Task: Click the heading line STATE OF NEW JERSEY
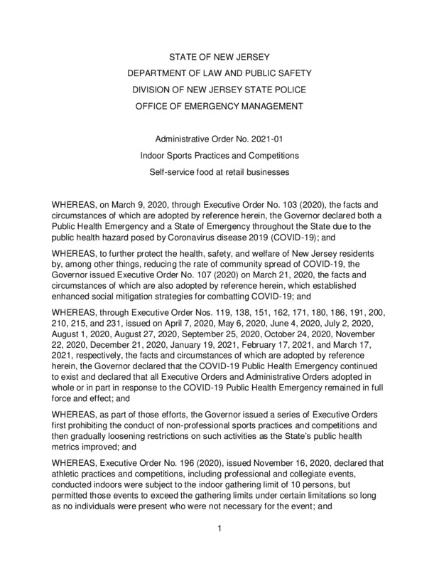pyautogui.click(x=219, y=55)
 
